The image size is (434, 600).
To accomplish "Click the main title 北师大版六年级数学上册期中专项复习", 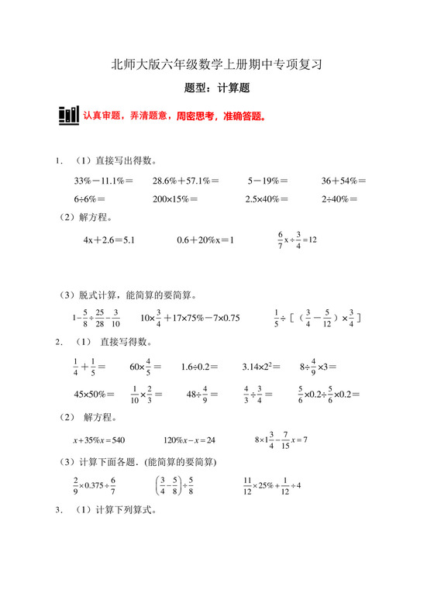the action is [216, 65].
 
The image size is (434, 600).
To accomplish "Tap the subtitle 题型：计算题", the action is [217, 89].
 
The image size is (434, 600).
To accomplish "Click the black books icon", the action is [68, 116].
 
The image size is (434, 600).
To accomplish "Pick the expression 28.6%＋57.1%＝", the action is [185, 181].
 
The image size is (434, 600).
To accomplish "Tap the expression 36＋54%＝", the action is [344, 181].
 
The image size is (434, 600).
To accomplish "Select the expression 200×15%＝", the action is [175, 199].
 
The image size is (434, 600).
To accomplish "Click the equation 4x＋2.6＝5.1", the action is [109, 240].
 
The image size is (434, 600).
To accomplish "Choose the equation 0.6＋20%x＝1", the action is [205, 240].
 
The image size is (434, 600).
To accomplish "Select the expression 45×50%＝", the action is [94, 394].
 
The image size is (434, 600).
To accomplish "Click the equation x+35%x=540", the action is [99, 440].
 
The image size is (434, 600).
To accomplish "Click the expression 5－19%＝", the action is [268, 181].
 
